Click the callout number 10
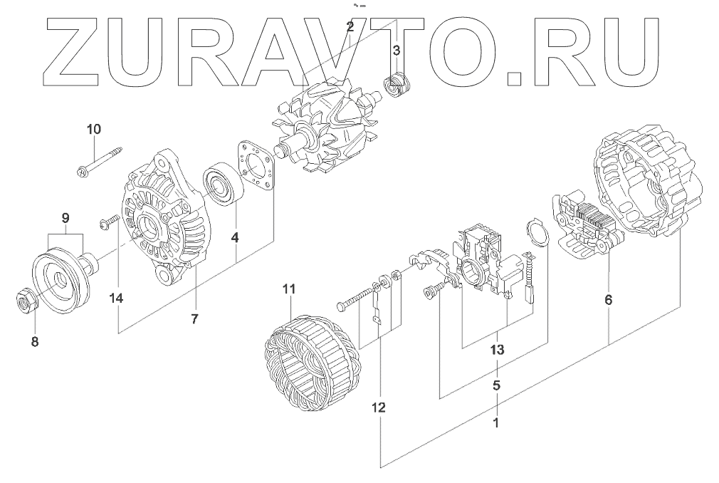94,129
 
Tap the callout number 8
34,342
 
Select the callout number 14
117,298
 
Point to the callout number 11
288,289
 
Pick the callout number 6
608,300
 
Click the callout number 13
497,350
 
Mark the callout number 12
379,408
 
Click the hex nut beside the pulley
25,301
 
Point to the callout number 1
496,422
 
